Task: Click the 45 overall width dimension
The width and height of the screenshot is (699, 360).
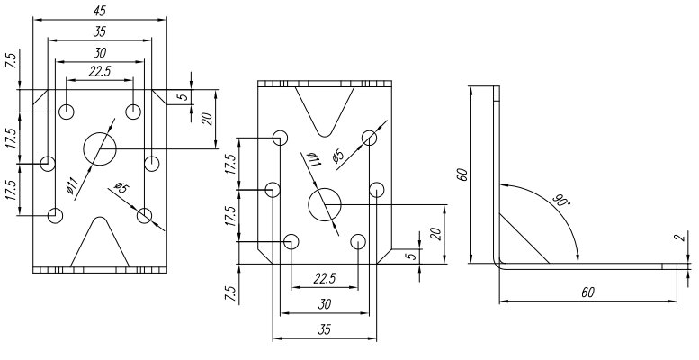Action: pyautogui.click(x=100, y=11)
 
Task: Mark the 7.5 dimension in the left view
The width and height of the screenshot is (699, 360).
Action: pyautogui.click(x=11, y=63)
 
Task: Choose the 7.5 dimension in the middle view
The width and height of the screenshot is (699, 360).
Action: pyautogui.click(x=233, y=293)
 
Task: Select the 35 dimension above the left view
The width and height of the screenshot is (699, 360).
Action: pyautogui.click(x=100, y=32)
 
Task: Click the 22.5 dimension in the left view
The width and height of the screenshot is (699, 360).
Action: pyautogui.click(x=100, y=72)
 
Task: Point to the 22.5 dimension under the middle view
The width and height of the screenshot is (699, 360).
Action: pyautogui.click(x=324, y=278)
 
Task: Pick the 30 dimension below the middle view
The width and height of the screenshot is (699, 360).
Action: pyautogui.click(x=324, y=304)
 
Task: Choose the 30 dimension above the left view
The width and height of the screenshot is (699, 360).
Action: pyautogui.click(x=100, y=52)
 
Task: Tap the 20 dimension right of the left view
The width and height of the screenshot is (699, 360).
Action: pyautogui.click(x=207, y=119)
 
